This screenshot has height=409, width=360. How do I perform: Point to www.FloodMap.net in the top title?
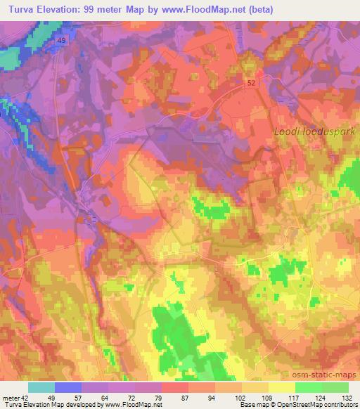coord(198,10)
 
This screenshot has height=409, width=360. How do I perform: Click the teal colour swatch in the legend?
coord(41,387)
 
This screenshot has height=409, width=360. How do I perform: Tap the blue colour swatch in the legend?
coord(68,387)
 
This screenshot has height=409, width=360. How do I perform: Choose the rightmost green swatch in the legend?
coord(335,387)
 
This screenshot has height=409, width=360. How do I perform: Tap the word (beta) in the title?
coord(257,10)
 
